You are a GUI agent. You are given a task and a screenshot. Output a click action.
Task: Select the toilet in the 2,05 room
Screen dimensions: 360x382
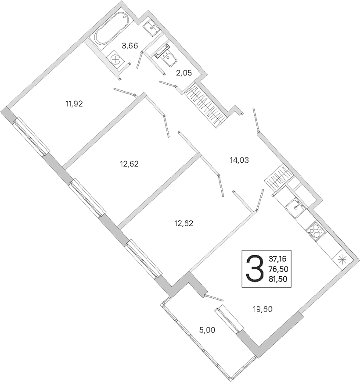click(166, 55)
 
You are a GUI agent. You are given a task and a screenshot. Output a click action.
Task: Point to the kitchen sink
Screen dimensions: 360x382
click(296, 207)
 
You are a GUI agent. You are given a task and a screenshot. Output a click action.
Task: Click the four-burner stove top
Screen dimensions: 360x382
click(315, 230)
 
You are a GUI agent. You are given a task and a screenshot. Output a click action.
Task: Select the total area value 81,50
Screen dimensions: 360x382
click(278, 279)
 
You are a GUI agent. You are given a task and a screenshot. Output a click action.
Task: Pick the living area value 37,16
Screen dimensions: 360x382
click(277, 258)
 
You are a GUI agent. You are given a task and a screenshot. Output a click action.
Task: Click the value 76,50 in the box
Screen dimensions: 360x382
click(278, 269)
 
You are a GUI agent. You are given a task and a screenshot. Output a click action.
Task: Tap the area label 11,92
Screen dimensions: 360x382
click(74, 104)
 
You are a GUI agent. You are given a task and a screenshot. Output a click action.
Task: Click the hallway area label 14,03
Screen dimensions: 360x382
click(239, 160)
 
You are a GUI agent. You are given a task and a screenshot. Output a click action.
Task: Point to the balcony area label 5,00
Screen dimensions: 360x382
click(207, 330)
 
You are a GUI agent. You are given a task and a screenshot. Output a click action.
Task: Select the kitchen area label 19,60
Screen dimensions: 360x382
click(263, 309)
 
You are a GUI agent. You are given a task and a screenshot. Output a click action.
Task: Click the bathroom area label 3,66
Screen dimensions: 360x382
click(130, 46)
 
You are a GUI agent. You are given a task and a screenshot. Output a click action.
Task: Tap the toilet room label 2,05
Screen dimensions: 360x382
click(184, 73)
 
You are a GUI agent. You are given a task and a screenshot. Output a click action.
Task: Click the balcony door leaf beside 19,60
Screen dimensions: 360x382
click(229, 319)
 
